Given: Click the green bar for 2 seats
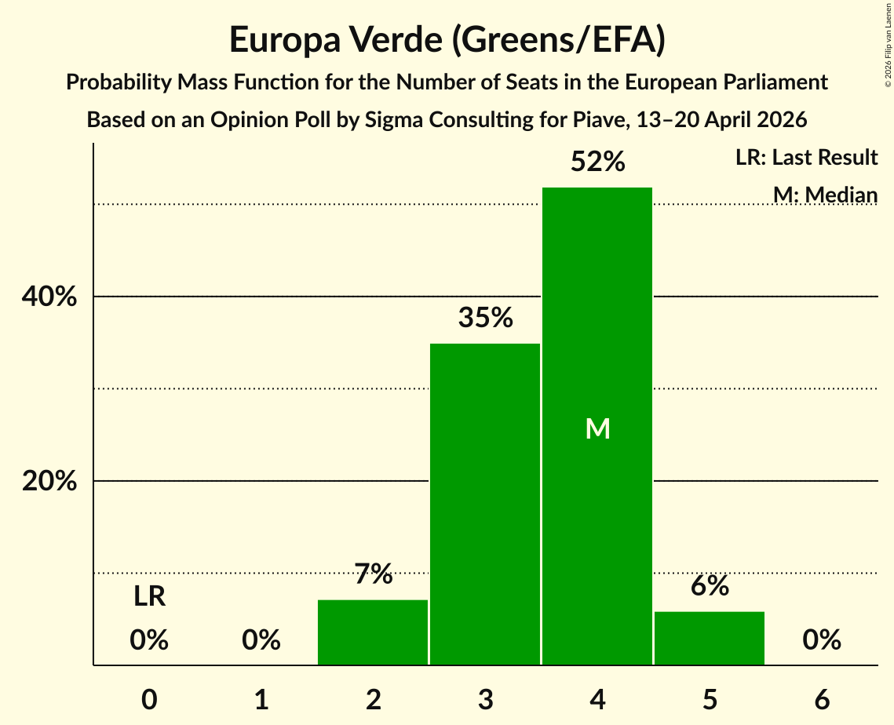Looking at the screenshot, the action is point(373,632).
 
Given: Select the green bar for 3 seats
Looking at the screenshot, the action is point(485,505).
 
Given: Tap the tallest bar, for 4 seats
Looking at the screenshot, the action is point(597,426).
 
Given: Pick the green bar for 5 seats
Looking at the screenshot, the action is point(710,639).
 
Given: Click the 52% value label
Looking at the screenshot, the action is point(597,162).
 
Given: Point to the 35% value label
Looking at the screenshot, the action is point(485,318).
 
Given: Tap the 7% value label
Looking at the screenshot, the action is point(374,574).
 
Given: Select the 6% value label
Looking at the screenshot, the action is point(710,585).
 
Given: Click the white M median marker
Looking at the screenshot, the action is point(597,428).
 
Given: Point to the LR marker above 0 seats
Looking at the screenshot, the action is point(149,597).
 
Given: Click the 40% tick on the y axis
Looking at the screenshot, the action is point(49,297).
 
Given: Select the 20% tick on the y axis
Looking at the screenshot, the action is point(49,481).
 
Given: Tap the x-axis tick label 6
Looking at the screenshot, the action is point(822,699).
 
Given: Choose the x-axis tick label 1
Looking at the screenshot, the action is point(261,699).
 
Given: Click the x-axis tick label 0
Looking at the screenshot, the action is point(149,699).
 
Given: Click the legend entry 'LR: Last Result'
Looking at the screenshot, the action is point(806,157).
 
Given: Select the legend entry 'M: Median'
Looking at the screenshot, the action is point(825,195).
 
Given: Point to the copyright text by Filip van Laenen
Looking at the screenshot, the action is point(889,45).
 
